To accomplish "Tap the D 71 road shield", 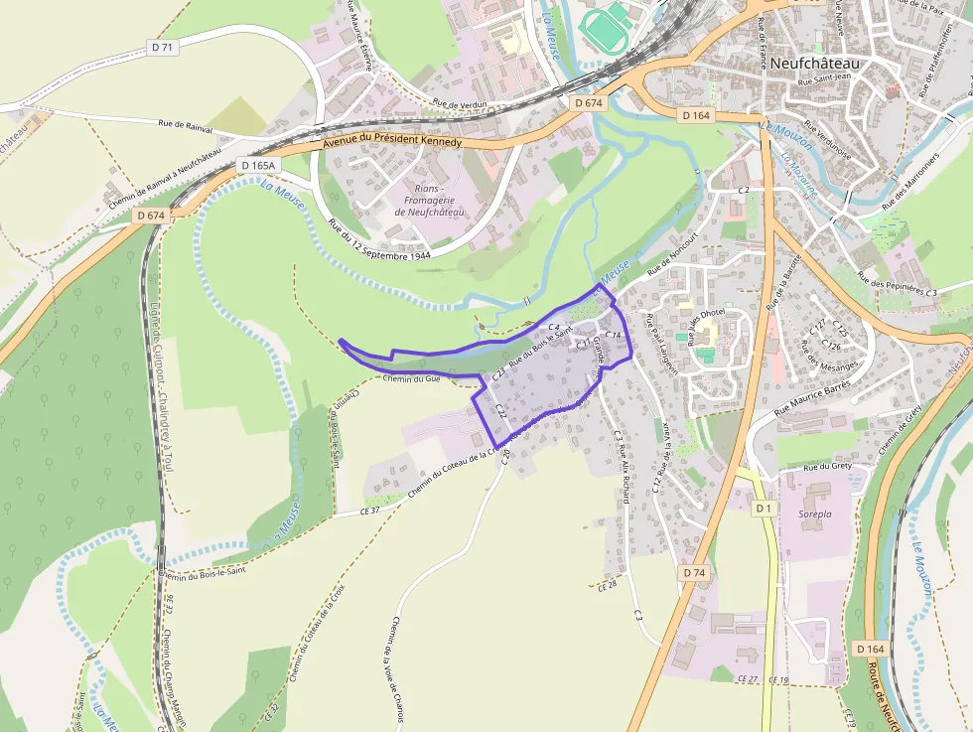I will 164,47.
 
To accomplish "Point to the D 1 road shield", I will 763,509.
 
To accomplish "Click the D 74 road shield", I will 693,573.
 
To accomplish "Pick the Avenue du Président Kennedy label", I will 392,142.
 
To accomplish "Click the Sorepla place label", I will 815,515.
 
